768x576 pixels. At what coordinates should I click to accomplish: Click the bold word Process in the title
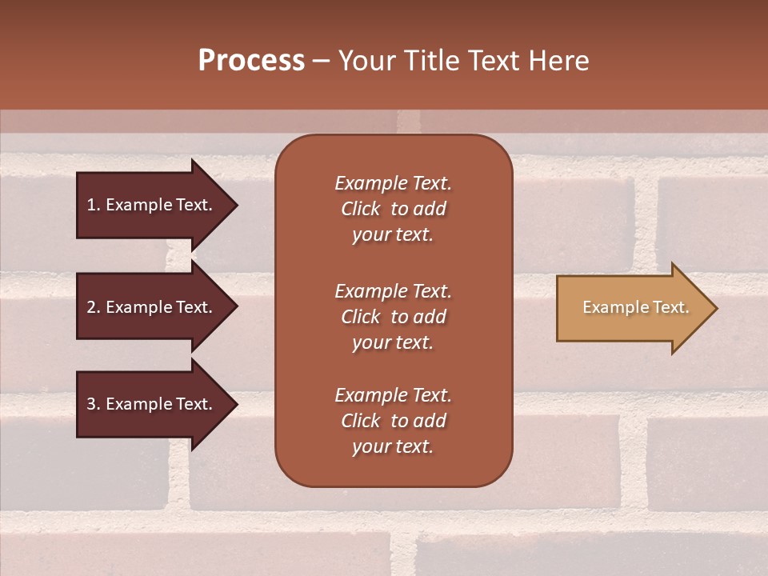(x=251, y=61)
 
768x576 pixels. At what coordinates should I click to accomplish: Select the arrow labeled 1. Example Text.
(x=152, y=205)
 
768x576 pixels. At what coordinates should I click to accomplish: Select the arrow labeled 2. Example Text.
(x=152, y=307)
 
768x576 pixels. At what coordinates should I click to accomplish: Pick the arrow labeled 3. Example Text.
(x=152, y=404)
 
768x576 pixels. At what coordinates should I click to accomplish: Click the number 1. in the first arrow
(x=93, y=205)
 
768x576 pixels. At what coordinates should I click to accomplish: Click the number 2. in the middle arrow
(x=93, y=307)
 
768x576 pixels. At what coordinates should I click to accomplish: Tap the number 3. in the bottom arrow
(x=93, y=404)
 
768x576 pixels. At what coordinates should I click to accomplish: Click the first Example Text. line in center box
(x=393, y=183)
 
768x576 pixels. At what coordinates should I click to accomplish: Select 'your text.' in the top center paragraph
(x=393, y=234)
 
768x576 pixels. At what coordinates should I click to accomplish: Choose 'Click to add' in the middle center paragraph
(x=393, y=317)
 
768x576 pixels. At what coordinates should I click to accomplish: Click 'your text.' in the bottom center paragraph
(x=393, y=446)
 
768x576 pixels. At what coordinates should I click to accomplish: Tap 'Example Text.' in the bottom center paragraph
(x=393, y=395)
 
